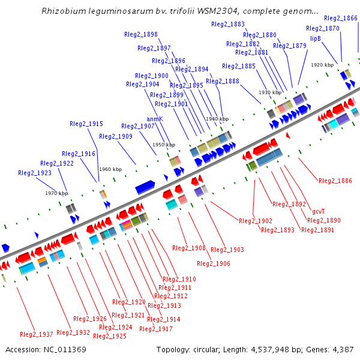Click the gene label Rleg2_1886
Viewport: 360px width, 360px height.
point(335,181)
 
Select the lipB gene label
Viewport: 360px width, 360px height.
point(316,38)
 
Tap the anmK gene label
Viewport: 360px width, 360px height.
point(155,119)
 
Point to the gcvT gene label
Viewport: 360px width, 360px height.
point(319,211)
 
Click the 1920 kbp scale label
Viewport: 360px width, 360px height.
point(322,65)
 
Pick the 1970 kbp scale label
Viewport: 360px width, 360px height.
point(56,193)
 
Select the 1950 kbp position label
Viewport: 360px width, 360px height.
point(163,145)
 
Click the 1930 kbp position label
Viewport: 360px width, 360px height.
point(270,93)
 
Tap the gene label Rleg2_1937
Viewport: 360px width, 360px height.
point(37,334)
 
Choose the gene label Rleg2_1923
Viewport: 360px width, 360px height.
point(35,173)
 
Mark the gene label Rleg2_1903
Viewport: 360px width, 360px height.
point(227,250)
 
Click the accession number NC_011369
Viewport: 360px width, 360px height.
point(46,349)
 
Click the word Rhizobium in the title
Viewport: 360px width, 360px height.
point(62,11)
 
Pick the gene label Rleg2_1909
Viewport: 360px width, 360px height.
point(116,136)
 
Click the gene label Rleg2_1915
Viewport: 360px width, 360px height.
point(86,124)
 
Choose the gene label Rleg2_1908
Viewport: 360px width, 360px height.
point(189,248)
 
